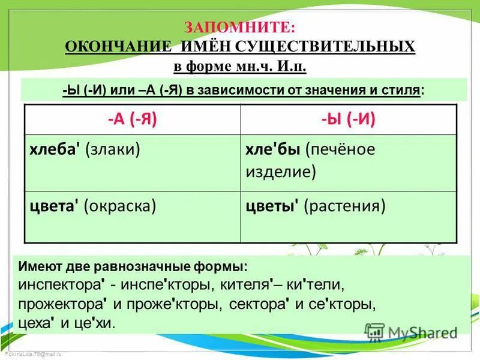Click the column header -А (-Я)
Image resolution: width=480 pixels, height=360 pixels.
pos(132,119)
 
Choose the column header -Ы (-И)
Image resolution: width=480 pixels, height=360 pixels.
pos(348,119)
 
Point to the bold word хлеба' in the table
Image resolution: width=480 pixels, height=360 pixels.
pos(56,149)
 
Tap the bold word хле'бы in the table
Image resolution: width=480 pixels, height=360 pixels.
pos(273,149)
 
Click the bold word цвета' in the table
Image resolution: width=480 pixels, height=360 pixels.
pos(55,206)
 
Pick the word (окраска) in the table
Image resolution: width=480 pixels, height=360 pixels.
pos(120,206)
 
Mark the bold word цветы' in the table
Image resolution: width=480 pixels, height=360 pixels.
pos(273,206)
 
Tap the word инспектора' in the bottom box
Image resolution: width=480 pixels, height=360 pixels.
pos(62,284)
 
